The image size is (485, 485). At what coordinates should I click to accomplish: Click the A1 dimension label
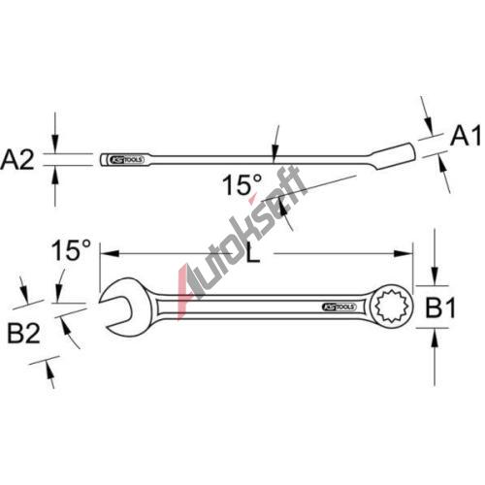[466, 136]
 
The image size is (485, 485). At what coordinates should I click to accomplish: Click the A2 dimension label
[17, 160]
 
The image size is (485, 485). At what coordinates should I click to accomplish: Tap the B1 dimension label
[440, 307]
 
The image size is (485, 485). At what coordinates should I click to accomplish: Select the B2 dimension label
[23, 334]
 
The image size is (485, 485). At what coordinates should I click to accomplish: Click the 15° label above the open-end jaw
[71, 250]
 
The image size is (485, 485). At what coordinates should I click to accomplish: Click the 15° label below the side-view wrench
[242, 185]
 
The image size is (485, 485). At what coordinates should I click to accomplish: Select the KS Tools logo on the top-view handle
[339, 307]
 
